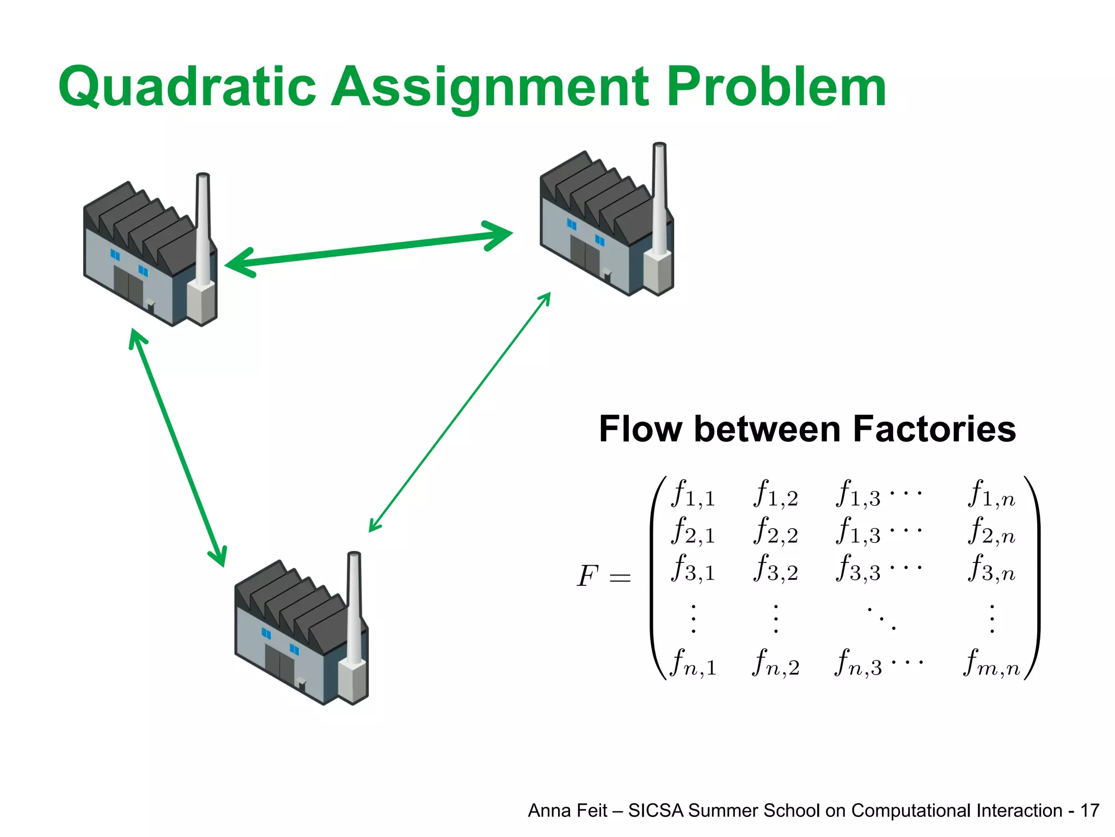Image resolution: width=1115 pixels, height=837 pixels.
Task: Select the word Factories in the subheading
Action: [x=934, y=429]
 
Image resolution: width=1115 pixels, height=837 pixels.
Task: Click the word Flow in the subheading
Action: [x=640, y=429]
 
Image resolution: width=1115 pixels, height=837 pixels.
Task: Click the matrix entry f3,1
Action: [x=693, y=568]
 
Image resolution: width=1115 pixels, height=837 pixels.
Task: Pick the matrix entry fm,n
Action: [x=991, y=663]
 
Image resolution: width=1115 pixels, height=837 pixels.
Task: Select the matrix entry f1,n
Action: [x=991, y=494]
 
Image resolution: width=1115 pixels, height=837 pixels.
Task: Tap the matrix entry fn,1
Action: [x=693, y=663]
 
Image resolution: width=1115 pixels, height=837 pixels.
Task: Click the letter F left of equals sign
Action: [x=588, y=577]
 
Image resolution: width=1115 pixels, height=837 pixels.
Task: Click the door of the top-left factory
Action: [x=128, y=284]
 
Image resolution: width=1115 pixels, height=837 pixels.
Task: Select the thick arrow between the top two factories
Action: [x=369, y=250]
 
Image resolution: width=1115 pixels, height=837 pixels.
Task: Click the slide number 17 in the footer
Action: [x=1089, y=811]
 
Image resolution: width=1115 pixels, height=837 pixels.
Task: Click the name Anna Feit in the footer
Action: [x=567, y=811]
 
